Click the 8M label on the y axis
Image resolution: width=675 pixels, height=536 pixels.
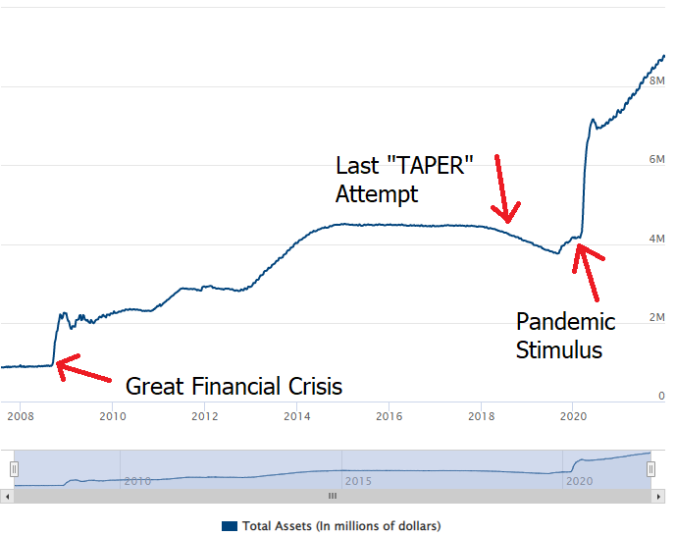pyautogui.click(x=657, y=80)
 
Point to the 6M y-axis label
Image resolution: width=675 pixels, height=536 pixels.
pyautogui.click(x=657, y=159)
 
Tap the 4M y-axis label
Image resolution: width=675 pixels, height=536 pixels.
pyautogui.click(x=657, y=239)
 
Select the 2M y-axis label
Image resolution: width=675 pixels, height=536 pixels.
pyautogui.click(x=657, y=318)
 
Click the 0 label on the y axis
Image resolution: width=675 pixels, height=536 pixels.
pyautogui.click(x=661, y=397)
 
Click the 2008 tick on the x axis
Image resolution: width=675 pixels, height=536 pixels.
pyautogui.click(x=20, y=416)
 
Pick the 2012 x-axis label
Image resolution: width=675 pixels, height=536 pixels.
pyautogui.click(x=204, y=416)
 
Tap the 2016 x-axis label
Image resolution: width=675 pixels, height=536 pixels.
pyautogui.click(x=389, y=416)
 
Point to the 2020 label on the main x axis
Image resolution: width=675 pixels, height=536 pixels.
pyautogui.click(x=573, y=416)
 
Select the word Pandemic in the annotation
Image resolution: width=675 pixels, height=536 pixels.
pyautogui.click(x=566, y=321)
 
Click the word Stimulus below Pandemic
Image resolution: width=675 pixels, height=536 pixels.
pyautogui.click(x=559, y=349)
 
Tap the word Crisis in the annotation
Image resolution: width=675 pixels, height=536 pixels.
pyautogui.click(x=309, y=386)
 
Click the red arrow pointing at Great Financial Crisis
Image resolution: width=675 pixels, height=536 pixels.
pyautogui.click(x=82, y=370)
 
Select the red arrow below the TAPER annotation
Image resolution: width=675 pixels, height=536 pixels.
pyautogui.click(x=505, y=187)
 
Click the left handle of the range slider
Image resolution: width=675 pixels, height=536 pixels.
pyautogui.click(x=14, y=469)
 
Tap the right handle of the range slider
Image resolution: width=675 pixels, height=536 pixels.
pyautogui.click(x=650, y=469)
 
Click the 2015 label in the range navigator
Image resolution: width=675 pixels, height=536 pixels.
pyautogui.click(x=357, y=481)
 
